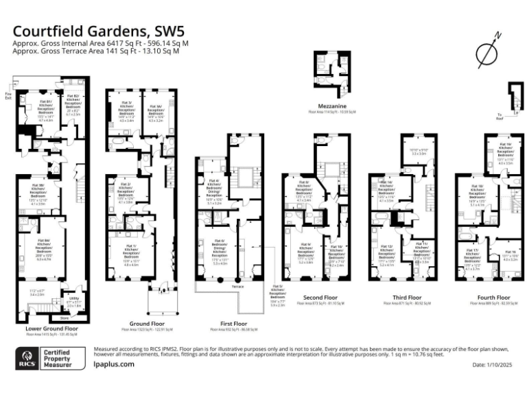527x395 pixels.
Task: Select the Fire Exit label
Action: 8,95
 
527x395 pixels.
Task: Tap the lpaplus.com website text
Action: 113,364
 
